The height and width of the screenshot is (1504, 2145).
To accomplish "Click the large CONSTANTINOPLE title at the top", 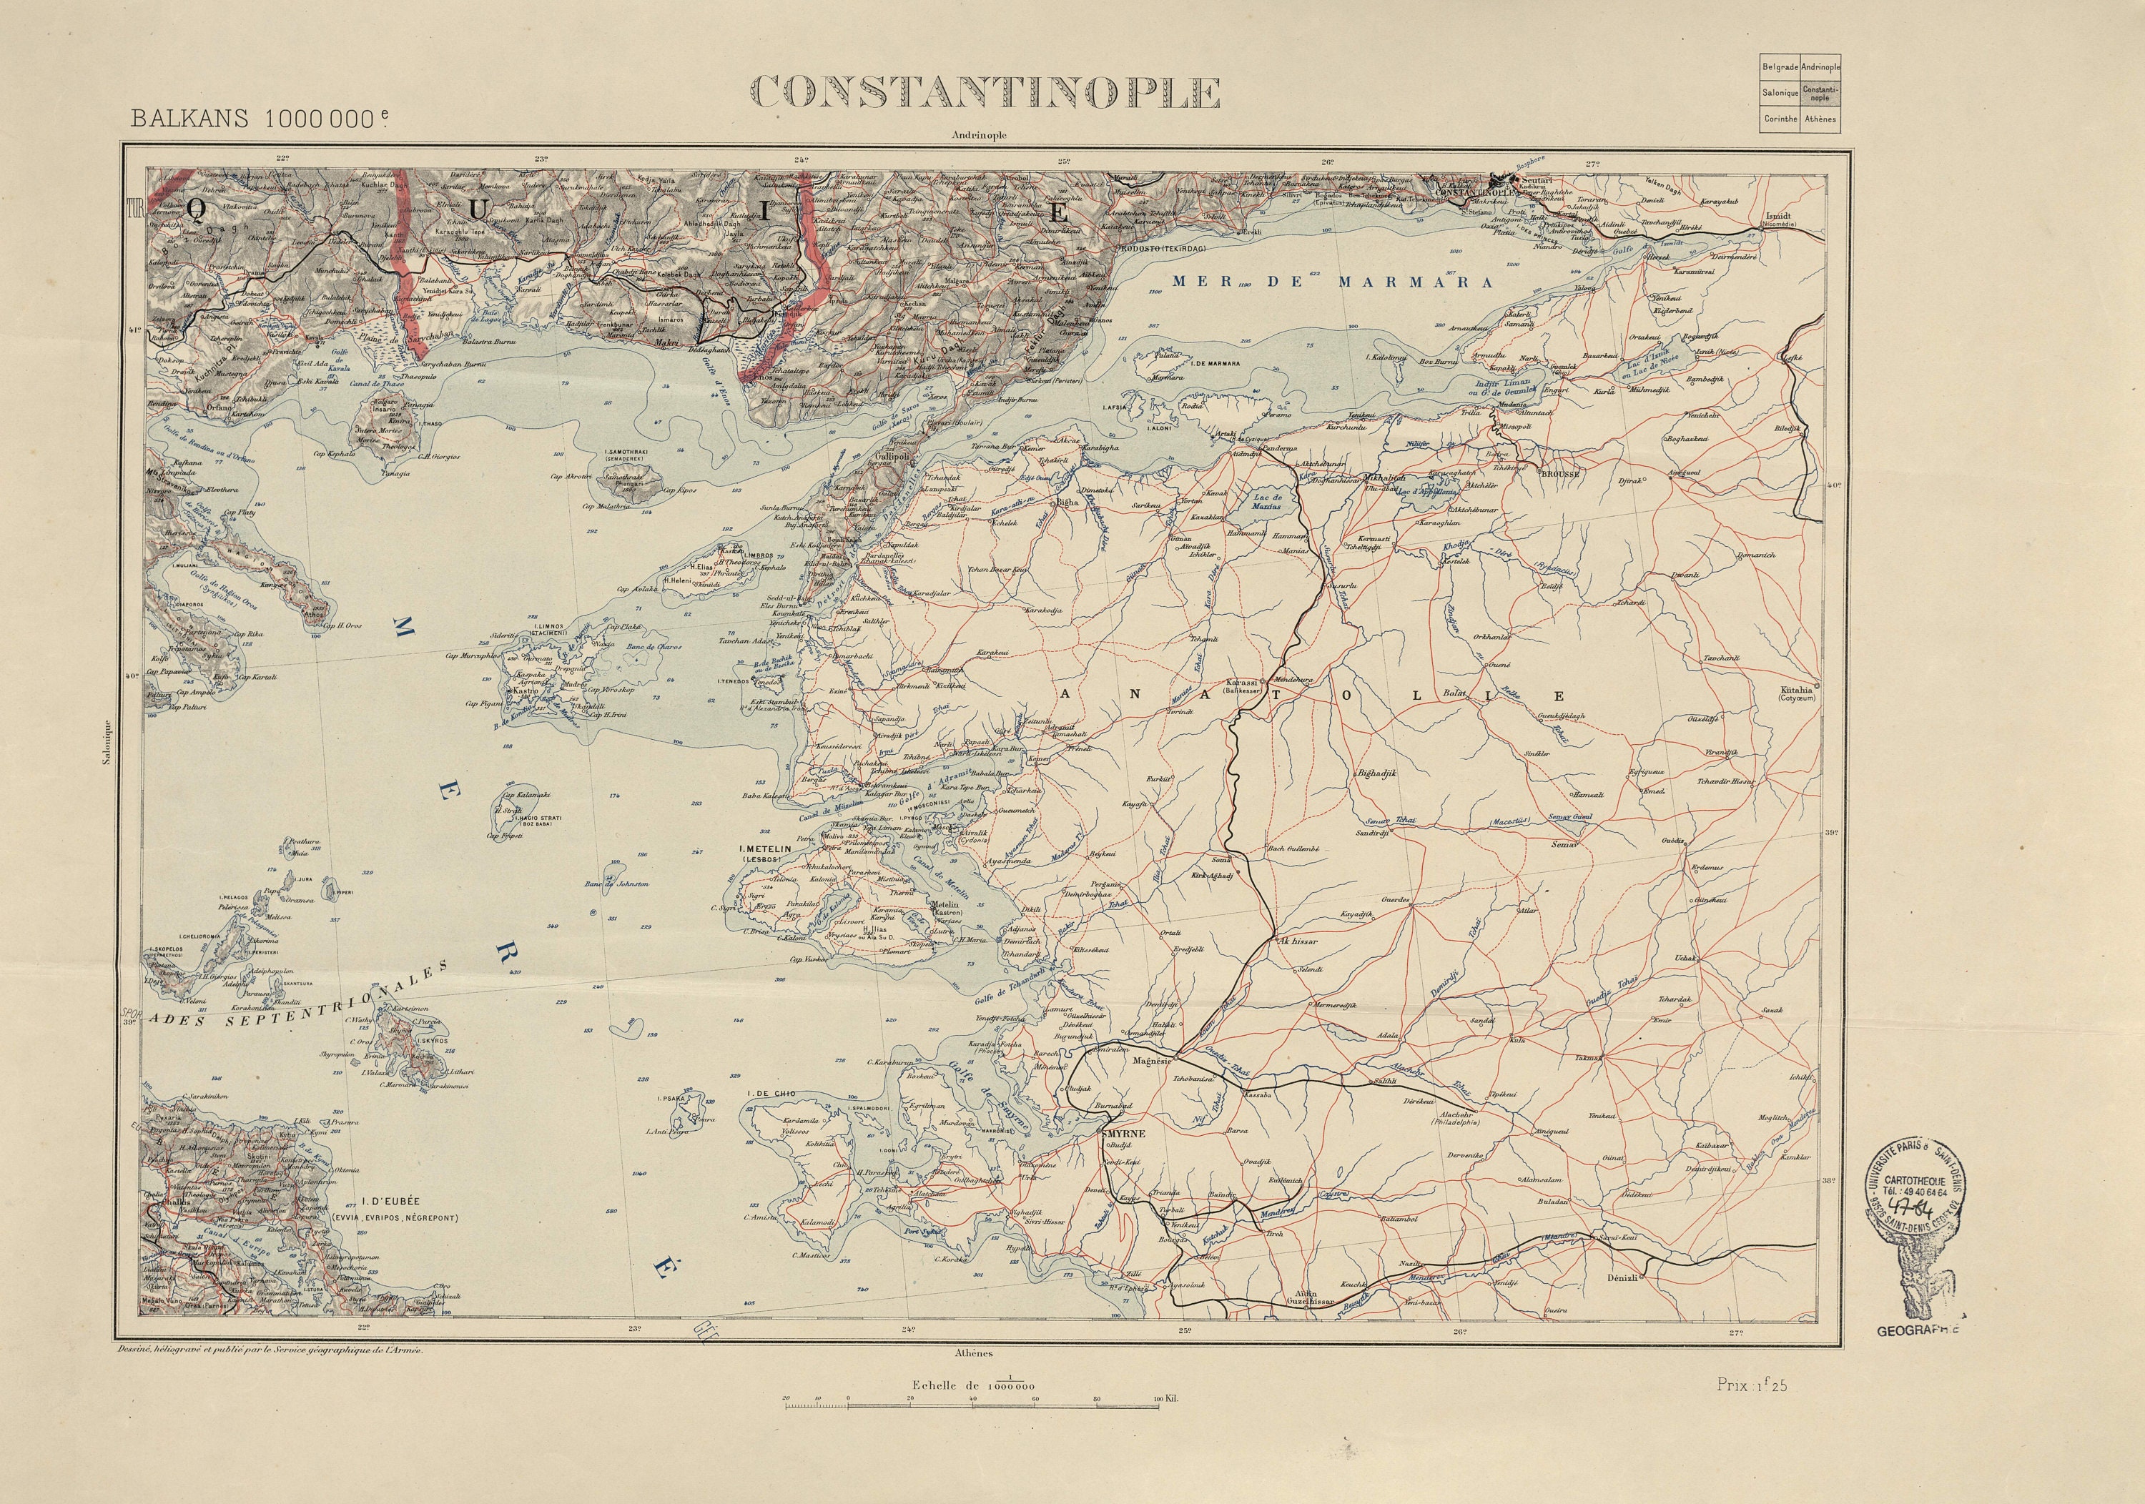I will coord(985,92).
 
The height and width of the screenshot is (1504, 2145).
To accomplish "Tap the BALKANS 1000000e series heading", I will coord(259,119).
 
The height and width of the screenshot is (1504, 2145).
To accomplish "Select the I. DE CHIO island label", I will coord(771,1093).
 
